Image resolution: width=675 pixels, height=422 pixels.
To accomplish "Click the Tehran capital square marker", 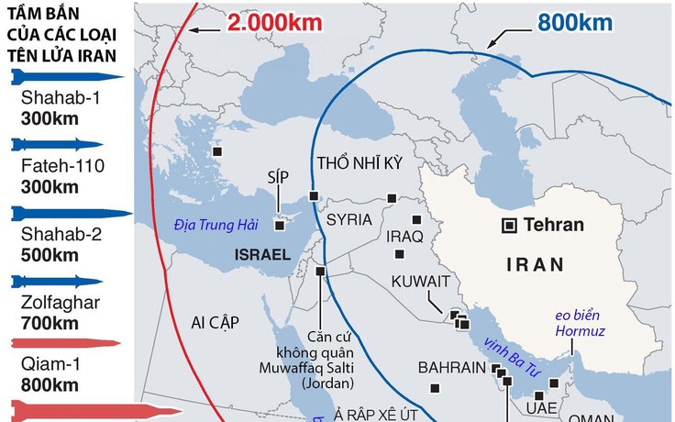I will point(507,226).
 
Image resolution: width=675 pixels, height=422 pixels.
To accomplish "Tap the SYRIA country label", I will point(349,220).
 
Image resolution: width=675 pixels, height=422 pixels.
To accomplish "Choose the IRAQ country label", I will point(404,238).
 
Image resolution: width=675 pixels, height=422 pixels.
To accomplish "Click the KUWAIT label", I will point(421,281).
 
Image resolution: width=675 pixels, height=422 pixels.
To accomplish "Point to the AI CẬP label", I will point(215,322).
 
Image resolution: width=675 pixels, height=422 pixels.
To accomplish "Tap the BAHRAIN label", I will point(450,368).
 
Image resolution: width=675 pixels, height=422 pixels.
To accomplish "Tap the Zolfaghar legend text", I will point(50,302).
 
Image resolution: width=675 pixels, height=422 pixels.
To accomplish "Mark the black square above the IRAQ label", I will point(415,219).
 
